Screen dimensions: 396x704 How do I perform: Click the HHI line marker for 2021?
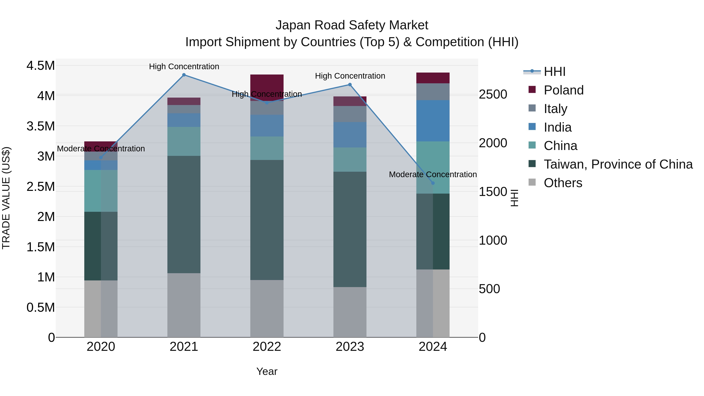click(x=184, y=75)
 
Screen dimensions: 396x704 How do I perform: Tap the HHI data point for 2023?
click(x=350, y=85)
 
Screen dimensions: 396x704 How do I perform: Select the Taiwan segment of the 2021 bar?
click(x=184, y=215)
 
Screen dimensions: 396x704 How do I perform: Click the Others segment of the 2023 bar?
click(x=350, y=312)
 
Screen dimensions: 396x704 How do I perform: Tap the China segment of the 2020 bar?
click(x=101, y=191)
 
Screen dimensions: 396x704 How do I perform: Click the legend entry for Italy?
click(x=555, y=109)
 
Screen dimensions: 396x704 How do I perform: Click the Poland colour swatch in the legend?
click(x=532, y=90)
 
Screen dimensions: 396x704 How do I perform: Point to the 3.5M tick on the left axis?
click(x=40, y=126)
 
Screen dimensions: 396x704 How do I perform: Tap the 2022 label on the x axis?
click(x=267, y=347)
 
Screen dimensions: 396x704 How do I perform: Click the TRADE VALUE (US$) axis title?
click(x=6, y=198)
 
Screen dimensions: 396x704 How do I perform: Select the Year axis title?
click(x=267, y=371)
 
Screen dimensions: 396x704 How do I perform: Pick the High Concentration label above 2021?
click(x=184, y=66)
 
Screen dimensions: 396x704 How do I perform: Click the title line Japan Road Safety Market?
click(x=352, y=25)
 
